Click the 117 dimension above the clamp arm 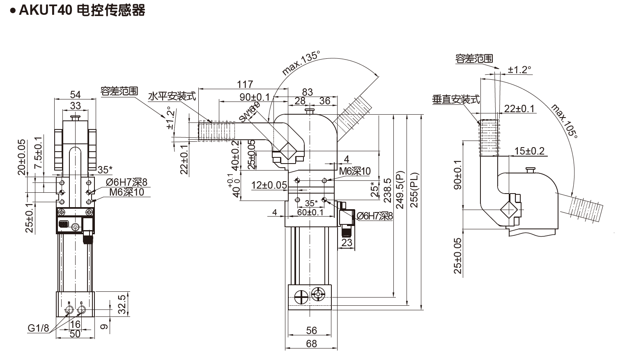click(245, 84)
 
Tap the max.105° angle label click(564, 121)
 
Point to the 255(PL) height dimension click(414, 189)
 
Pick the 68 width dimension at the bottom click(312, 343)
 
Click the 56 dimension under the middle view click(312, 330)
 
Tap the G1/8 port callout click(38, 328)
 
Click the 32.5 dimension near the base click(122, 304)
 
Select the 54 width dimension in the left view click(75, 95)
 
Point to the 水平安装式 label click(172, 96)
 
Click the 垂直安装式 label click(456, 99)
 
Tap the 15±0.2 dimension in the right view click(529, 151)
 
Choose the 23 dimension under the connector click(347, 242)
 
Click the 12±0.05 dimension click(269, 185)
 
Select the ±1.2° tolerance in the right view click(519, 70)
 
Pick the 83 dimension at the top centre click(307, 92)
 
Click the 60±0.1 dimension click(310, 212)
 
